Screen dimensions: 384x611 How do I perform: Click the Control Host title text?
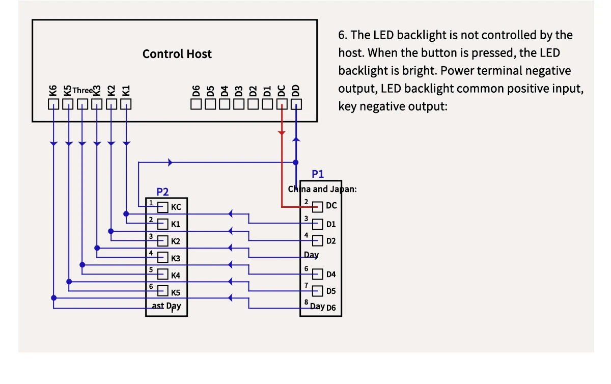coord(177,54)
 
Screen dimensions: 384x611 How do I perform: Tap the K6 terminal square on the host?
coord(53,104)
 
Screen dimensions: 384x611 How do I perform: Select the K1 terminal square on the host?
coord(126,104)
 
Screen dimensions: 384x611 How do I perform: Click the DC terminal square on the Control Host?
coord(282,104)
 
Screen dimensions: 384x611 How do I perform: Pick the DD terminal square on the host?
coord(296,104)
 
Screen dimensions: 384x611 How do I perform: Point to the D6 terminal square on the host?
coord(197,104)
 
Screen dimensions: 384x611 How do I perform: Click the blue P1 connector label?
coord(318,174)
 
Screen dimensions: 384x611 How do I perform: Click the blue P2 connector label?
coord(162,192)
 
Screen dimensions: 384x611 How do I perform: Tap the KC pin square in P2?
coord(163,207)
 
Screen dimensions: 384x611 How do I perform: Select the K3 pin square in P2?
coord(163,258)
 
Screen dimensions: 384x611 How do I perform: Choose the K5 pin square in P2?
coord(163,292)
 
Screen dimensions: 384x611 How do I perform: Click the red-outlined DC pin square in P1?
coord(318,207)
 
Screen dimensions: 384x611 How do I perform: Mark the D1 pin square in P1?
coord(318,224)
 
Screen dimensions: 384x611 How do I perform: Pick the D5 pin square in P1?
coord(318,291)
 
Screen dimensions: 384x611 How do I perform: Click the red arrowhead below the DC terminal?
coord(282,133)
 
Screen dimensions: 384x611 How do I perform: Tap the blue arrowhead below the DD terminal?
coord(296,139)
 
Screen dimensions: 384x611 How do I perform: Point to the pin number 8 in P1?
coord(307,303)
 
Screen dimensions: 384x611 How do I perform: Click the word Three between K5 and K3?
coord(82,91)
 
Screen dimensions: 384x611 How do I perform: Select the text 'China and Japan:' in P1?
coord(322,189)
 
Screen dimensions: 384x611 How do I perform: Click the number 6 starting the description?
coord(342,35)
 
